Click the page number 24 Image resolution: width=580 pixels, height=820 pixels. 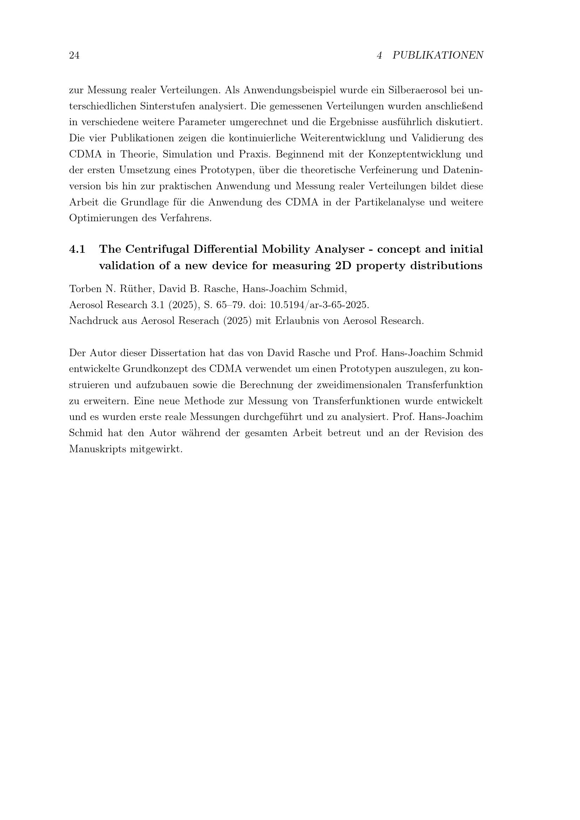pyautogui.click(x=74, y=55)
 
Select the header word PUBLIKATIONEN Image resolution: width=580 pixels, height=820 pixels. pyautogui.click(x=438, y=55)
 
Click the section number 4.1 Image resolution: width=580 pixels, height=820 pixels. pyautogui.click(x=77, y=249)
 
